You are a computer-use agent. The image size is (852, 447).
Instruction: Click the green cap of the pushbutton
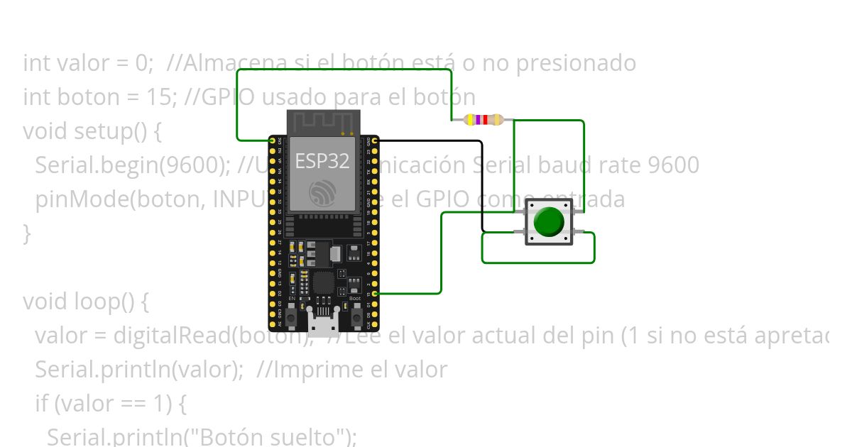coord(549,221)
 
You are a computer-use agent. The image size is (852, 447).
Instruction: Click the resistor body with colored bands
coord(483,120)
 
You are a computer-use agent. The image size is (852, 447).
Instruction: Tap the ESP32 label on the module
coord(322,161)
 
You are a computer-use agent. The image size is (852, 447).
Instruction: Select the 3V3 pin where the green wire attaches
coord(272,141)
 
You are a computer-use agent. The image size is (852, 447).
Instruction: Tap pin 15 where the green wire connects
coord(374,293)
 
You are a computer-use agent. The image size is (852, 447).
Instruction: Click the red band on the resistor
coord(486,120)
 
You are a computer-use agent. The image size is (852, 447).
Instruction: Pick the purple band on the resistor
coord(479,120)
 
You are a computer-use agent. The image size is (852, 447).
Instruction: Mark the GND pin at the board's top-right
coord(374,141)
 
